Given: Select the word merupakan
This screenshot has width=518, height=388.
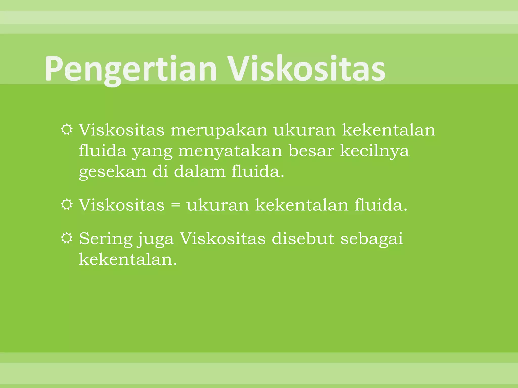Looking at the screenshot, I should [219, 130].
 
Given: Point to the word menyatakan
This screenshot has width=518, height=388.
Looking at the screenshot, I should [230, 151].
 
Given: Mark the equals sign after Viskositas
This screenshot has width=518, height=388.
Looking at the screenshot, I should [176, 205].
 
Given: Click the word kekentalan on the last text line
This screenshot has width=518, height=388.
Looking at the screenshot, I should [128, 259].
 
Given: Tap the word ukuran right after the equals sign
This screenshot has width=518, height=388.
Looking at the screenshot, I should [218, 205].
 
